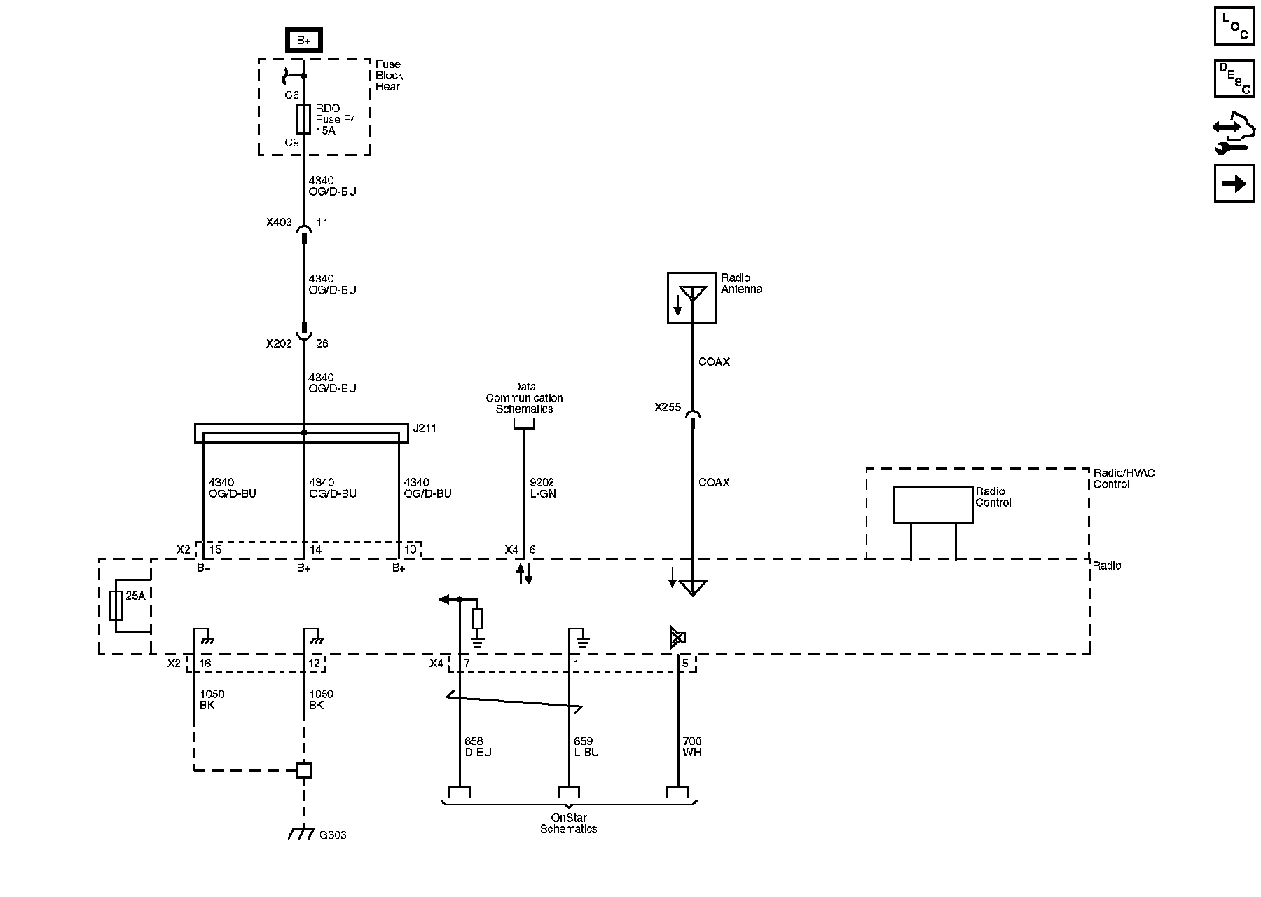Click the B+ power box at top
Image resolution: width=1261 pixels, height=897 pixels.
click(x=303, y=41)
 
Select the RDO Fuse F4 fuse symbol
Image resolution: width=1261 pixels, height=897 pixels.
click(x=303, y=119)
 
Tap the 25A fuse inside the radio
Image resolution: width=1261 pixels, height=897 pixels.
click(x=116, y=605)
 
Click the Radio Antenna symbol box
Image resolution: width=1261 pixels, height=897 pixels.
click(x=691, y=298)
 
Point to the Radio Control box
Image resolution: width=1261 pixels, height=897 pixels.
click(x=932, y=505)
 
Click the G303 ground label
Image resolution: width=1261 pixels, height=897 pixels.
click(x=333, y=835)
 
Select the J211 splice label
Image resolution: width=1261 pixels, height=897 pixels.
click(x=425, y=428)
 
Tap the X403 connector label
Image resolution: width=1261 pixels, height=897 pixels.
click(x=279, y=223)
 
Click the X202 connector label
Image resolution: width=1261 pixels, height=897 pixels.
click(x=279, y=344)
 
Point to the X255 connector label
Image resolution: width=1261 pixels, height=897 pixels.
click(x=668, y=407)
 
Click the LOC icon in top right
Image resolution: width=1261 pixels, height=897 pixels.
click(x=1234, y=26)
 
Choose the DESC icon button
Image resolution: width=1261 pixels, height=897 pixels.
click(x=1234, y=78)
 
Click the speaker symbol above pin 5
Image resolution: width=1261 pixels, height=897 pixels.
click(x=677, y=638)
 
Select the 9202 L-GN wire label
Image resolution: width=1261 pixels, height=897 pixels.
click(x=542, y=488)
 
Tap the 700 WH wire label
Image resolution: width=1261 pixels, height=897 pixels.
click(x=692, y=747)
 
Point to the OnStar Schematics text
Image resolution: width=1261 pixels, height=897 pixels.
click(x=568, y=823)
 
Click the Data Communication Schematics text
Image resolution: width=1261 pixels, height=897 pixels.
click(x=524, y=398)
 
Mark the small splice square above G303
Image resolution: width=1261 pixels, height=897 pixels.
click(x=303, y=770)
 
